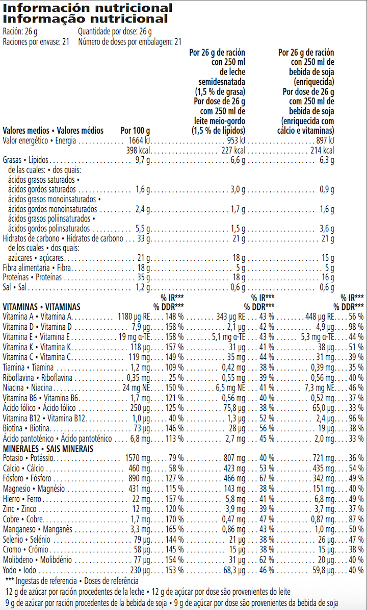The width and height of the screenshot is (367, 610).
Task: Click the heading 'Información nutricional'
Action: (x=88, y=8)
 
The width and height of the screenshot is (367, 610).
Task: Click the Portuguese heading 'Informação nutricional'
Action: (x=85, y=19)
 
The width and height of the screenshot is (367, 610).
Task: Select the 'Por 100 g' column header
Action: (x=135, y=130)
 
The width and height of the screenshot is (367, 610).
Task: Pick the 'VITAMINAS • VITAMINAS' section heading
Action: (x=42, y=307)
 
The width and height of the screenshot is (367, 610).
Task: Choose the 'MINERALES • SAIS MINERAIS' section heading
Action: (x=48, y=448)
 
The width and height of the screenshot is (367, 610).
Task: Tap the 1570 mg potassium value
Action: (x=138, y=458)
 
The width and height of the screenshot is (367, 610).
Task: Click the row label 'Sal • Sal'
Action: (x=14, y=287)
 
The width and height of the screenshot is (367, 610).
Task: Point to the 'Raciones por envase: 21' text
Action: (x=36, y=42)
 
